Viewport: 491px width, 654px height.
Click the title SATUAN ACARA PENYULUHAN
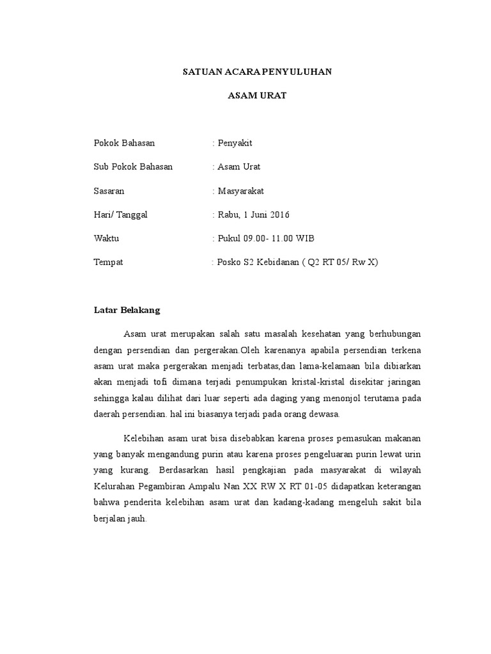257,72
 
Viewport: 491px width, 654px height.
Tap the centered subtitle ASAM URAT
258,96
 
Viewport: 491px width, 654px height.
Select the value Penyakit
235,143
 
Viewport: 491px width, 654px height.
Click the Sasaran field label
109,191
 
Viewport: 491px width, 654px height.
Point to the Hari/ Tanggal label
121,215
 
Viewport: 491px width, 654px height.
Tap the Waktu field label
106,238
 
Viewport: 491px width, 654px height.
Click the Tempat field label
108,262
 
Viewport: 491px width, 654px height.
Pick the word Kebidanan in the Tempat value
279,262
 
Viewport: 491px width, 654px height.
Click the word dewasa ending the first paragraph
327,414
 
